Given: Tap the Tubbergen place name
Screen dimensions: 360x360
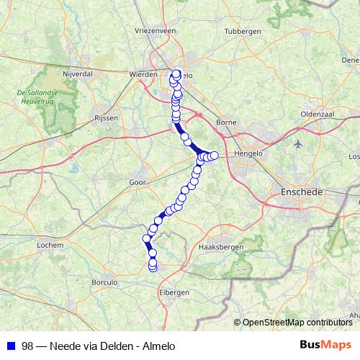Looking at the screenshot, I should [242, 32].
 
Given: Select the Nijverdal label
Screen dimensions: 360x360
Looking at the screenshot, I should [78, 73].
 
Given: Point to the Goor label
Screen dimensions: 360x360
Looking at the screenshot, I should [138, 184].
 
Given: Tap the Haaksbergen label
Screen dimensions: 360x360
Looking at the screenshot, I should [219, 247].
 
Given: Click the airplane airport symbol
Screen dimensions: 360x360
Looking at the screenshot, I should [300, 143].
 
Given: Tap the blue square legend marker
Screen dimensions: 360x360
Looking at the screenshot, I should [10, 346].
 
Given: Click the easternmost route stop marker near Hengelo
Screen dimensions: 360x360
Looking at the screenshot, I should [214, 156].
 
